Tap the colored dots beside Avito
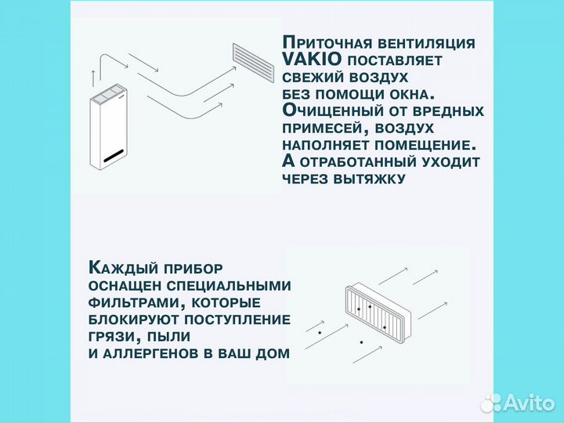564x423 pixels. [x=491, y=403]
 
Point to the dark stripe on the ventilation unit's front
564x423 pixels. [x=112, y=154]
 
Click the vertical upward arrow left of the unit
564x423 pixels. [x=93, y=78]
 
